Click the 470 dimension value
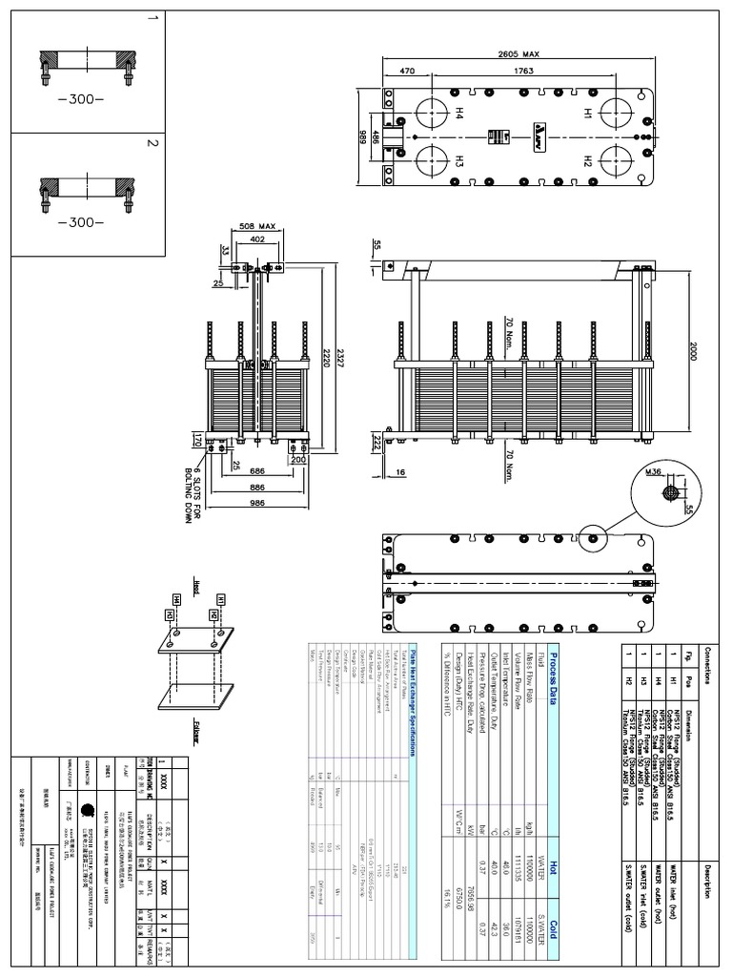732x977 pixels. tap(407, 70)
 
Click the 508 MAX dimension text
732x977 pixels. tap(256, 226)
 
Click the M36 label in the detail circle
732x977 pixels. tap(653, 470)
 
